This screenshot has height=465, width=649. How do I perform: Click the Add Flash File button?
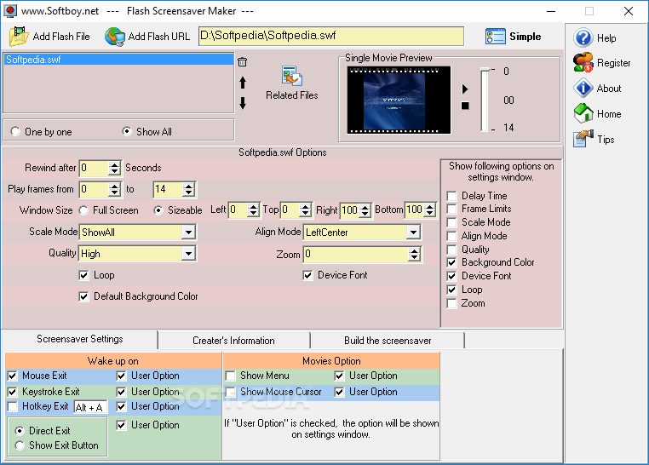(49, 37)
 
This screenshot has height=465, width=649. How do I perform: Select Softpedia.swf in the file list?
(33, 60)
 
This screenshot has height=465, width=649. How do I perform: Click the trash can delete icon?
(243, 62)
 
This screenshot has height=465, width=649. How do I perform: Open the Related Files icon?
(292, 76)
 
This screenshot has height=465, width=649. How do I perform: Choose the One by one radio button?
(15, 131)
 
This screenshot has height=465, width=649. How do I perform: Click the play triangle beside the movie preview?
(465, 89)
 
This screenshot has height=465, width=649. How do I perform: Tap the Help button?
(595, 38)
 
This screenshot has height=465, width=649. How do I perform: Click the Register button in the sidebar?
(602, 63)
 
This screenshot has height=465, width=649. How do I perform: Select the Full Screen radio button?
(84, 210)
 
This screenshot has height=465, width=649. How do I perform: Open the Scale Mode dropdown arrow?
(189, 232)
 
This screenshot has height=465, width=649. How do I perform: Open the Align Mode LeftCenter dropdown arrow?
(413, 232)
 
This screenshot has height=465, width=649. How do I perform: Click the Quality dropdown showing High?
(138, 254)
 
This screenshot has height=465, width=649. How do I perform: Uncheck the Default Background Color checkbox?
(84, 296)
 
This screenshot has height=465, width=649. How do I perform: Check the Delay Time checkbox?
(452, 196)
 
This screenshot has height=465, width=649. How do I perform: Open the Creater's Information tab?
(234, 341)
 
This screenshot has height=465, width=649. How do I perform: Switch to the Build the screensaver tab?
(388, 341)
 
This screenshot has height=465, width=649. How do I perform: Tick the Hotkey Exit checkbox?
(13, 407)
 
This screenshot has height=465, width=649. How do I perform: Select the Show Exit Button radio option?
(20, 445)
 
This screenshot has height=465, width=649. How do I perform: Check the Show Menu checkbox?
(231, 376)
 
